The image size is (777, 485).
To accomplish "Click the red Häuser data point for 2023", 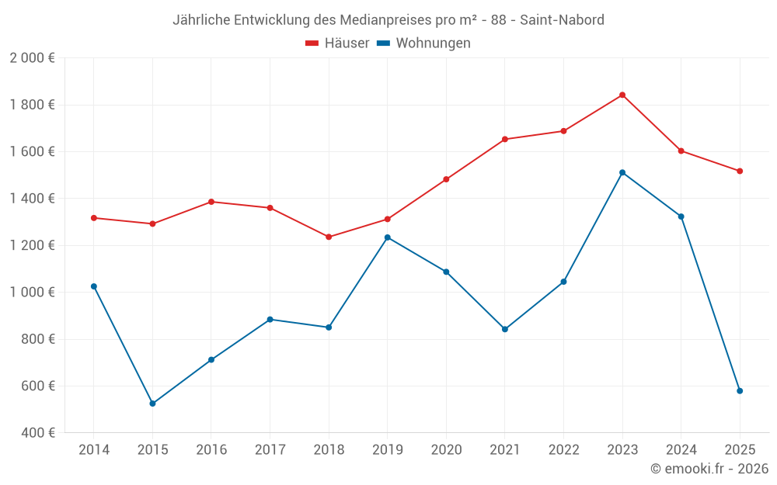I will [622, 95].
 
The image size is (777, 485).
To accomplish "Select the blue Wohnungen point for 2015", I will [152, 404].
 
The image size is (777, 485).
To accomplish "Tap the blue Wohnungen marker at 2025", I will [740, 391].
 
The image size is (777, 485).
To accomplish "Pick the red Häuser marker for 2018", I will [329, 237].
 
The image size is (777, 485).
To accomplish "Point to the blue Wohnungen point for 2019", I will [388, 237].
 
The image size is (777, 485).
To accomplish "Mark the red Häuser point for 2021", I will [505, 140].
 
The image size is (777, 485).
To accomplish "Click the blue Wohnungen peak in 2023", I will [622, 172].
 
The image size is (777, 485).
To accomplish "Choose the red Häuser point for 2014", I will [94, 218].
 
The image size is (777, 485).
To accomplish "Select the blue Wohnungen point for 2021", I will [505, 329].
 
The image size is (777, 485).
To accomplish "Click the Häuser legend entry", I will [337, 43].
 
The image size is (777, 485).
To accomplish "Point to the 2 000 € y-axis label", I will [32, 58].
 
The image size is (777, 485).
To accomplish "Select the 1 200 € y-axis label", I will [32, 245].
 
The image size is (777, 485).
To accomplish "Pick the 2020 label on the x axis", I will [446, 450].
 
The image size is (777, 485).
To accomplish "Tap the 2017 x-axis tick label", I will [270, 450].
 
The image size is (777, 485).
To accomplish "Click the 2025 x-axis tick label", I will [740, 450].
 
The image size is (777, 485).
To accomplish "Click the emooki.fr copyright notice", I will [709, 469].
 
